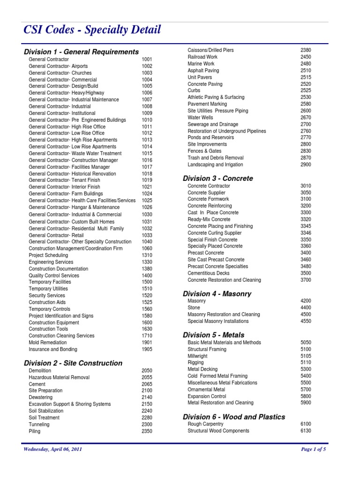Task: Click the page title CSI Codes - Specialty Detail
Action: click(92, 30)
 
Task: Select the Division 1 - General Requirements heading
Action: click(81, 52)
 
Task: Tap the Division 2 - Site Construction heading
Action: click(73, 363)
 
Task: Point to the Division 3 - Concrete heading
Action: click(217, 178)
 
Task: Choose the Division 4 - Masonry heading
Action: click(217, 293)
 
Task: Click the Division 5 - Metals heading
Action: click(213, 335)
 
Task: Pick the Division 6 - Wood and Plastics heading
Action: click(233, 417)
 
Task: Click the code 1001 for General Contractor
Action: click(147, 60)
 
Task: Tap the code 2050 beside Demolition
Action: click(147, 370)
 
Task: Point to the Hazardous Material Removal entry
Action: click(59, 377)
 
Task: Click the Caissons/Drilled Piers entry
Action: click(210, 50)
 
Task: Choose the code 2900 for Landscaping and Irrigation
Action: click(306, 165)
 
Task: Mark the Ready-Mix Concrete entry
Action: click(209, 219)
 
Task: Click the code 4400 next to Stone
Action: click(306, 307)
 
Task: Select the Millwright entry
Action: click(197, 356)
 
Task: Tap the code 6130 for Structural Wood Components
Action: click(306, 430)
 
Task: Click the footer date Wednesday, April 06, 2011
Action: click(53, 449)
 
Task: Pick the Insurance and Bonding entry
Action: click(53, 349)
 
